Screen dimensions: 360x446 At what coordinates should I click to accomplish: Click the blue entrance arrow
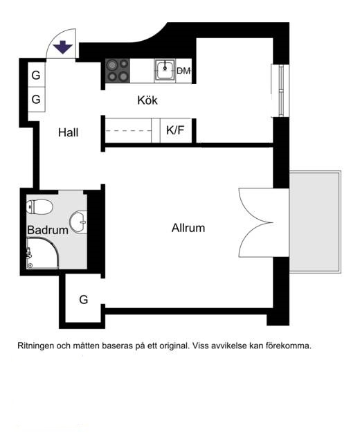[63, 47]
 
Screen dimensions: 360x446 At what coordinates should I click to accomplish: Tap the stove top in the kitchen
[118, 71]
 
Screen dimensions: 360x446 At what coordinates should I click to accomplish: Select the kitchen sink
[165, 71]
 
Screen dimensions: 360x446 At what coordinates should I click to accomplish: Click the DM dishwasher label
[183, 71]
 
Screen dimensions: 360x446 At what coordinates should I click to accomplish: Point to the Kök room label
[147, 100]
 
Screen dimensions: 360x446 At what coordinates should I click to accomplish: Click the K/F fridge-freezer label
[175, 130]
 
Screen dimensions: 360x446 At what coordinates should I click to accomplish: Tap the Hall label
[68, 132]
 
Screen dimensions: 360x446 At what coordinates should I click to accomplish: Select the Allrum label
[188, 228]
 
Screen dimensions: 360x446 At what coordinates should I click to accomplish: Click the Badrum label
[48, 230]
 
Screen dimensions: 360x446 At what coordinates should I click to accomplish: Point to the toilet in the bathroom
[39, 207]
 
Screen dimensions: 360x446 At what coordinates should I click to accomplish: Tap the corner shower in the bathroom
[43, 253]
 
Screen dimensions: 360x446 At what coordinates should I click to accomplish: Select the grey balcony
[315, 222]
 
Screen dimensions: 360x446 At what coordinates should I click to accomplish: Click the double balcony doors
[256, 223]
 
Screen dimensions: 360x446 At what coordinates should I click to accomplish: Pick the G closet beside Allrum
[84, 299]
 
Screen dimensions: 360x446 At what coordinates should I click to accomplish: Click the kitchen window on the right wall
[280, 91]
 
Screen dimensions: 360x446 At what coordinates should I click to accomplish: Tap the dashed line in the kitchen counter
[129, 131]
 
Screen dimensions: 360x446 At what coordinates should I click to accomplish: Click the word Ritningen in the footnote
[36, 346]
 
